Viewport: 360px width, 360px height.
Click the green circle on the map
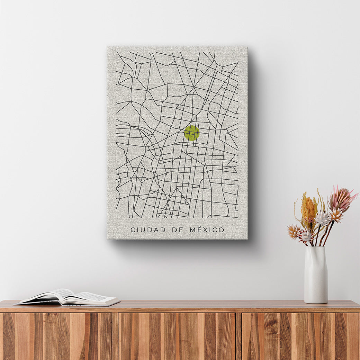point(192,133)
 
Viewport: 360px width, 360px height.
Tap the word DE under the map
point(178,230)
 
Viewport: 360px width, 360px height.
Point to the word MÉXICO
point(207,230)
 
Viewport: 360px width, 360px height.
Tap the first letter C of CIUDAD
point(133,230)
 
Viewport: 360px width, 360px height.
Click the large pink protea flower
point(341,199)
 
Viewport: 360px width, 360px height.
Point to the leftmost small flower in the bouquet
point(294,231)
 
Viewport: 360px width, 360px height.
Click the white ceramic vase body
point(316,277)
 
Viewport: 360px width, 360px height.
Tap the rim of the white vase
point(315,247)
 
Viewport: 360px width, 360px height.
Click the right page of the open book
point(93,298)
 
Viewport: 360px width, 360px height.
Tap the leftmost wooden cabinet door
point(57,336)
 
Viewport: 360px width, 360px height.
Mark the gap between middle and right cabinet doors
point(239,336)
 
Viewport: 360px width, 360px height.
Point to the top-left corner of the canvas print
point(108,47)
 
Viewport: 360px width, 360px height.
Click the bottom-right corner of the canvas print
point(247,238)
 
